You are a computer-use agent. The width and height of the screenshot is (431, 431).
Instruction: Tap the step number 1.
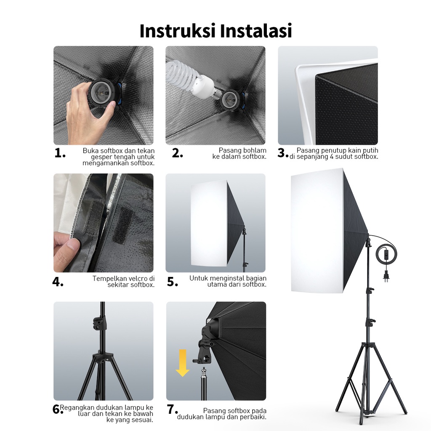(60, 153)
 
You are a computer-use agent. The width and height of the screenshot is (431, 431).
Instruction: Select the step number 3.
(283, 153)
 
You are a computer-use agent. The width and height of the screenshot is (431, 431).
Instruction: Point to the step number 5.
(172, 282)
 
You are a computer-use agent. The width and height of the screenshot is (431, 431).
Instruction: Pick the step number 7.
(172, 409)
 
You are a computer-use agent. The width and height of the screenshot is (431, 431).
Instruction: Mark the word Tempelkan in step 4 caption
(108, 279)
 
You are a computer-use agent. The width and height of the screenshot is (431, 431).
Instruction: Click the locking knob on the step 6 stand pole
(98, 323)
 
